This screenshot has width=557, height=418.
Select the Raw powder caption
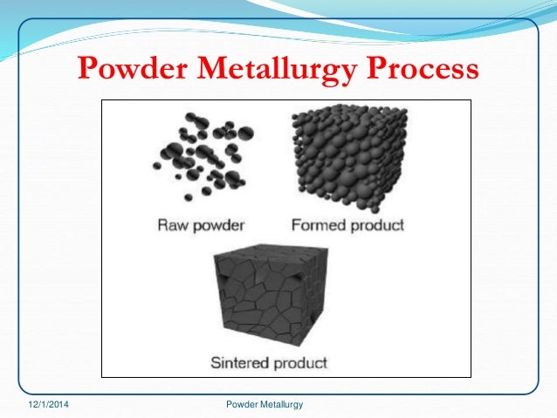click(200, 224)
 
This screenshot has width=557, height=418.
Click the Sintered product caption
click(268, 360)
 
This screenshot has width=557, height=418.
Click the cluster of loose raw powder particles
click(199, 156)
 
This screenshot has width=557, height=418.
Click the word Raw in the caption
click(173, 224)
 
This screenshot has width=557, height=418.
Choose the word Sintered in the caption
click(240, 360)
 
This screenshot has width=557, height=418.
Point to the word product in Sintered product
click(299, 361)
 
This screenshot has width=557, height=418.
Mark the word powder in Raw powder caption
click(216, 225)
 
